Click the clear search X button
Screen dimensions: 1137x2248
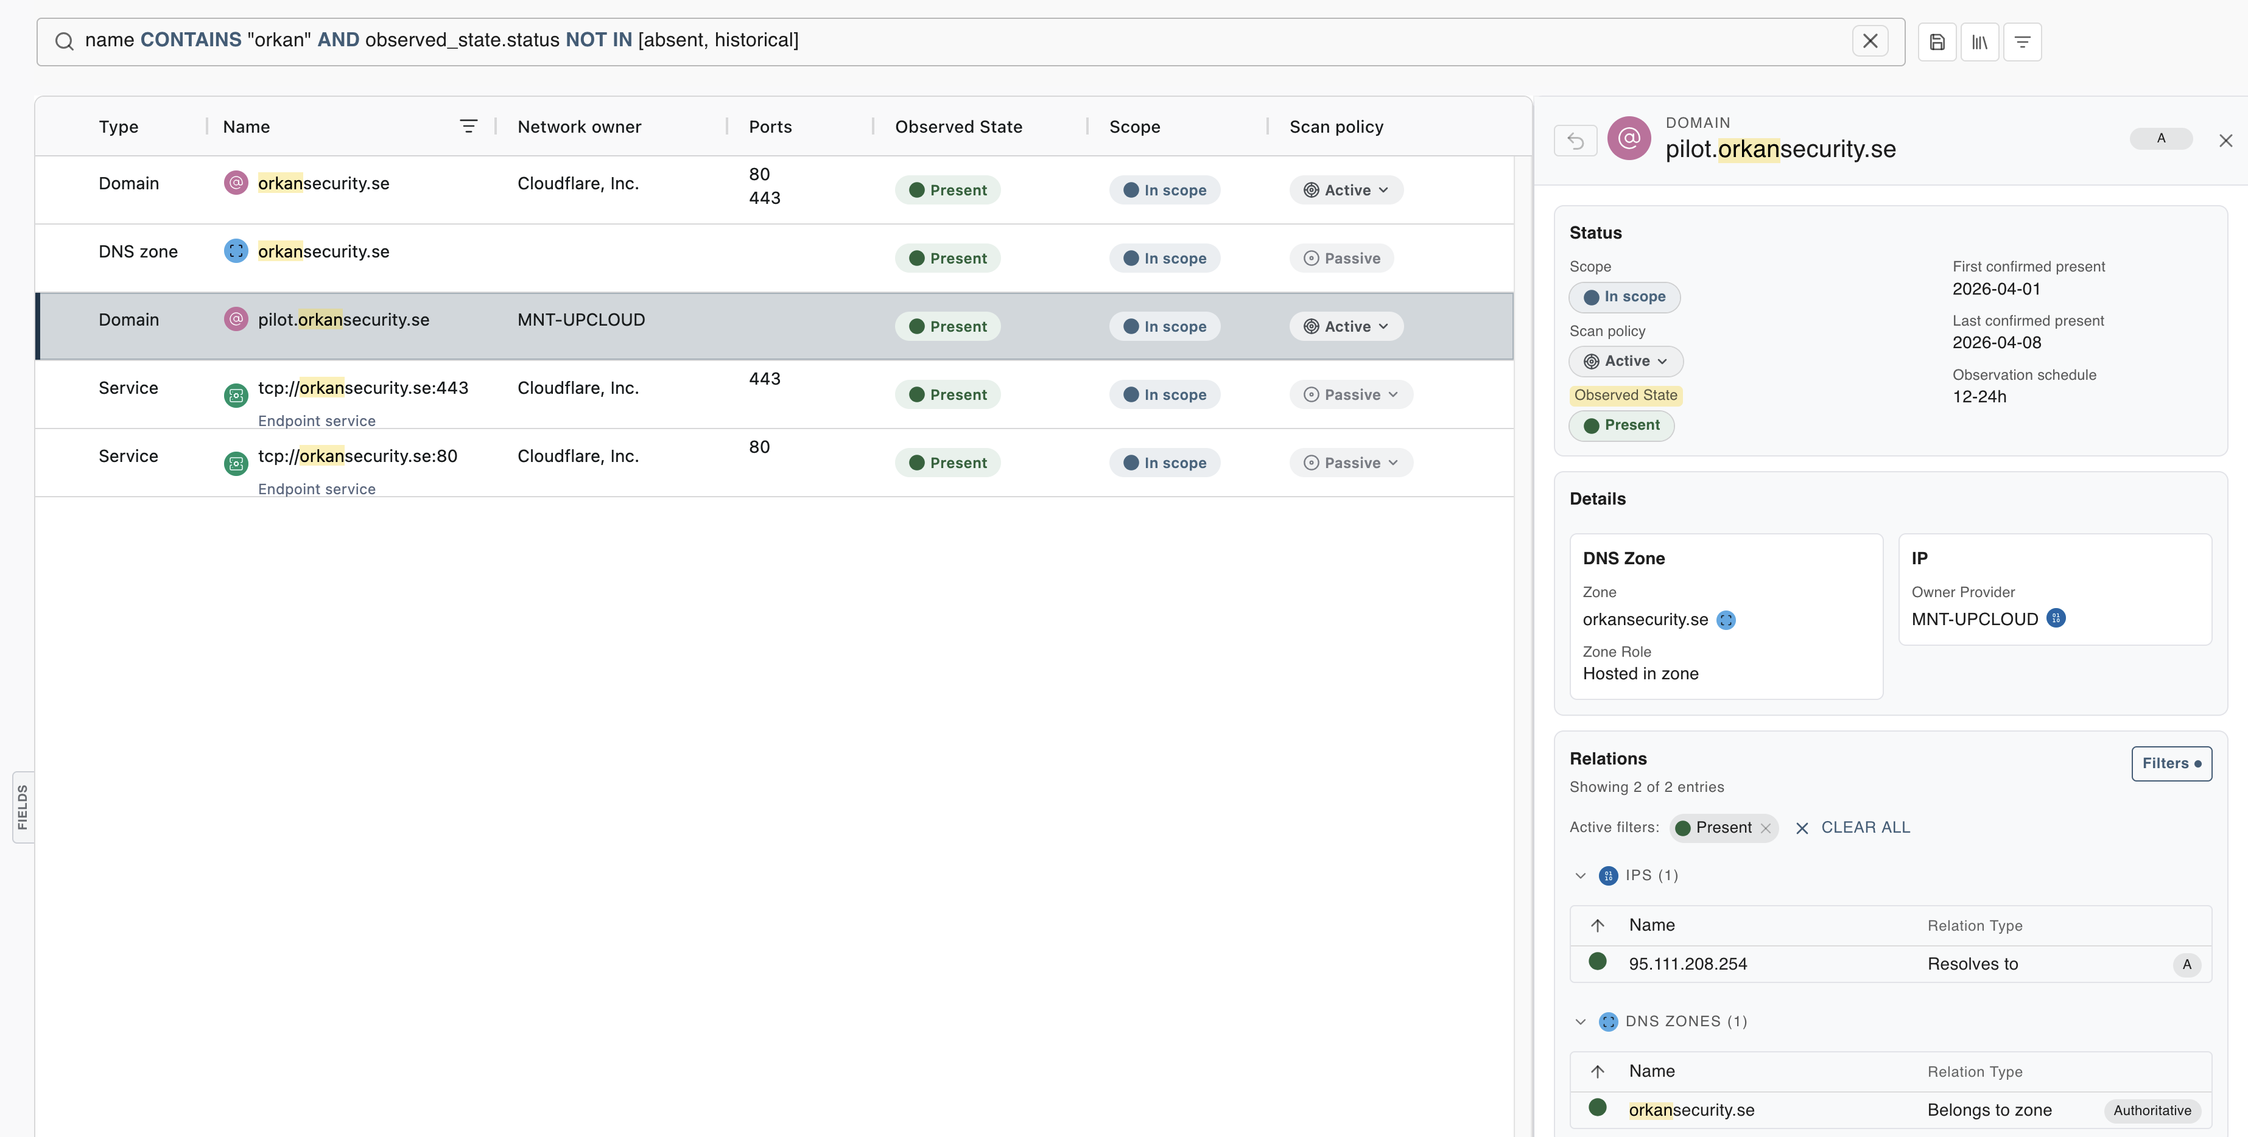[1869, 41]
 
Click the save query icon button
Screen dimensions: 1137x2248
[1936, 42]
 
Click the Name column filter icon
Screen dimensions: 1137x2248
[469, 127]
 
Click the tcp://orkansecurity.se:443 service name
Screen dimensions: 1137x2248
[363, 388]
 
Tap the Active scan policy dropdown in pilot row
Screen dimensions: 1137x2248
[1346, 326]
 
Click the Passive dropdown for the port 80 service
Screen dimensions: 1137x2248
[1351, 463]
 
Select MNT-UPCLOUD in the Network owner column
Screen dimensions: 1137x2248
[581, 320]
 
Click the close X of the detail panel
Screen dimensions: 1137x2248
[2225, 141]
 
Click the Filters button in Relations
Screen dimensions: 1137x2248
[2170, 763]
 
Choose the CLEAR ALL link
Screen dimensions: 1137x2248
[1865, 827]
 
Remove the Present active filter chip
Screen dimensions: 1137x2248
[1765, 828]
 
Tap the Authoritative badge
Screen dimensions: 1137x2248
[2151, 1110]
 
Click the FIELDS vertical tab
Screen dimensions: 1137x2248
[23, 806]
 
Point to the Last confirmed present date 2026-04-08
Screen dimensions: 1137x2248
[1997, 343]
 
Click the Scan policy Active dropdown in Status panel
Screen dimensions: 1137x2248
[1626, 362]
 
